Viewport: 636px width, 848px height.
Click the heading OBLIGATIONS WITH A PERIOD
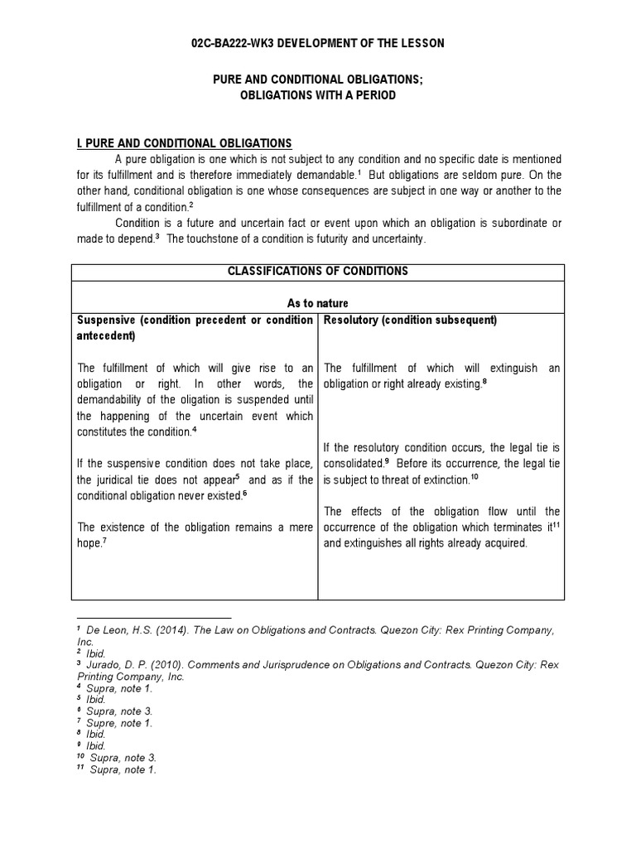point(317,95)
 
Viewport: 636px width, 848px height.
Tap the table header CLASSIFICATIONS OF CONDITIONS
point(317,272)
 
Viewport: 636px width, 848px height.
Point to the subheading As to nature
point(317,304)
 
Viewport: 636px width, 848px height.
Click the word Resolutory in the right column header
point(351,320)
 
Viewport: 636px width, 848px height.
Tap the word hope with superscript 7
point(89,544)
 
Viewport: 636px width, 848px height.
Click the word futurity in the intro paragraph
point(345,239)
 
